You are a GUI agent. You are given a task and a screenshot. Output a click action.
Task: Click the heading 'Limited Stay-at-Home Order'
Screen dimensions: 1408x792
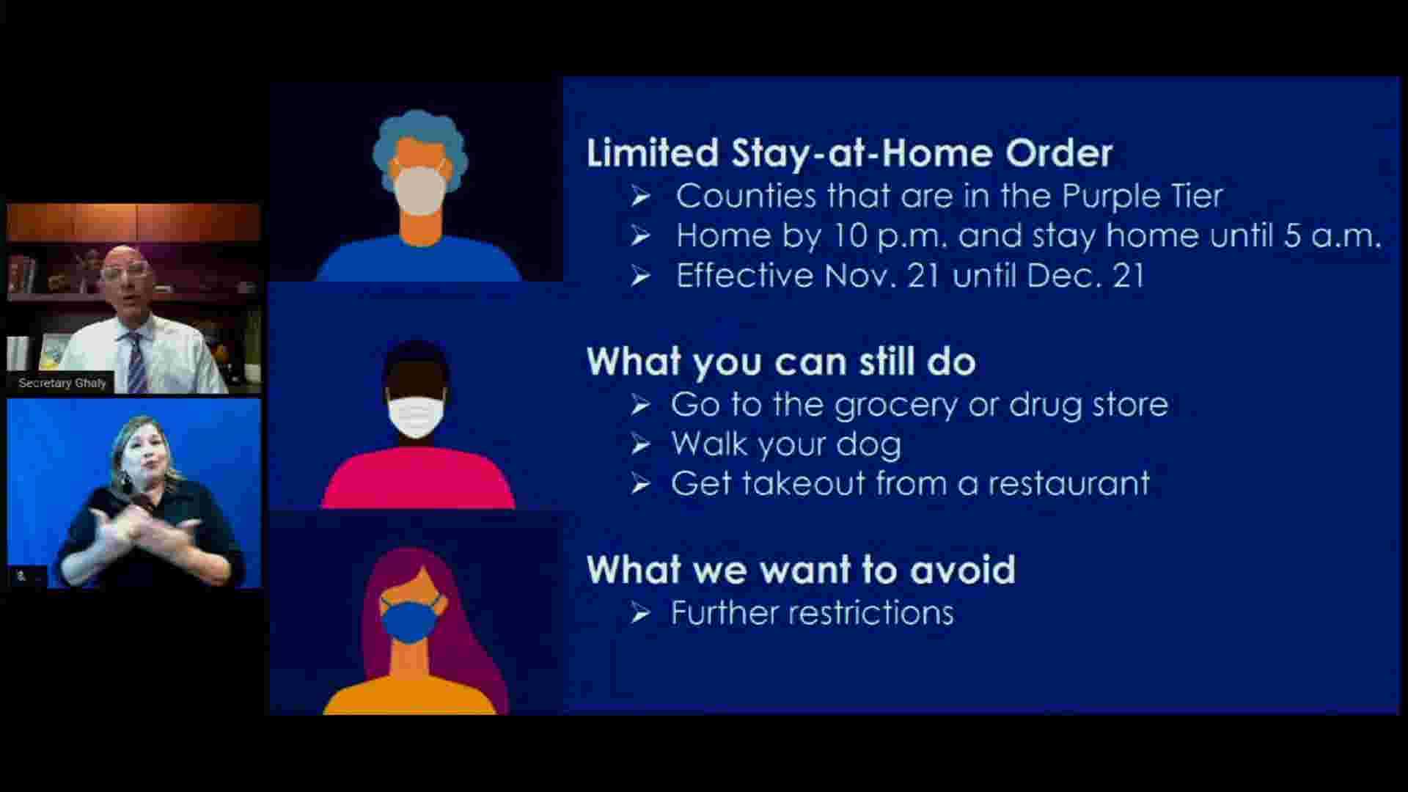(849, 153)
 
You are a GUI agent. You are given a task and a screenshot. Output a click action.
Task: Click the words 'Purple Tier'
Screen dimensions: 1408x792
(1143, 197)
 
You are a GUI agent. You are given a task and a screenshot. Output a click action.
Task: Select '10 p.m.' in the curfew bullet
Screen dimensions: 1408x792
(890, 236)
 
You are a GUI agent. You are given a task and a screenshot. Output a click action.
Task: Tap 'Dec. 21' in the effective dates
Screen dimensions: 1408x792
(1085, 276)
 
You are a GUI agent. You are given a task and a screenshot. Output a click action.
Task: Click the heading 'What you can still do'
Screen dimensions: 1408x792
(781, 362)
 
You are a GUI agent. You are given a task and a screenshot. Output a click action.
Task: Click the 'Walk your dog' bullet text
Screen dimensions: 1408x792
(786, 445)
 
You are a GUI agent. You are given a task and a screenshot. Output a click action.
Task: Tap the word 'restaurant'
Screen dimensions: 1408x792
(1069, 484)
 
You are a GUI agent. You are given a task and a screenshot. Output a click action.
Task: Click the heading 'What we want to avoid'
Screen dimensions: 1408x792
(801, 570)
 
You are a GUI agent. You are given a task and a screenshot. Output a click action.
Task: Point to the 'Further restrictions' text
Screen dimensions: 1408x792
(812, 613)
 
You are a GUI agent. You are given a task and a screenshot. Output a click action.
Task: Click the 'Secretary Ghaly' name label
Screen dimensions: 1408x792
(62, 383)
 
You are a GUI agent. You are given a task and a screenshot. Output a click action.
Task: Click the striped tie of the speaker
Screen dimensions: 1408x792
(136, 364)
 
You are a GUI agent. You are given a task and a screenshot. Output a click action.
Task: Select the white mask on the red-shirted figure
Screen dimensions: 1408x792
(416, 416)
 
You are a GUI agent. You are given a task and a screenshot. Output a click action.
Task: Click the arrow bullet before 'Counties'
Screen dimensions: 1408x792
(640, 197)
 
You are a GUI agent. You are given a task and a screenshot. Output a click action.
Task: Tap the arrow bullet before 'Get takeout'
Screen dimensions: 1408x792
(640, 484)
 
